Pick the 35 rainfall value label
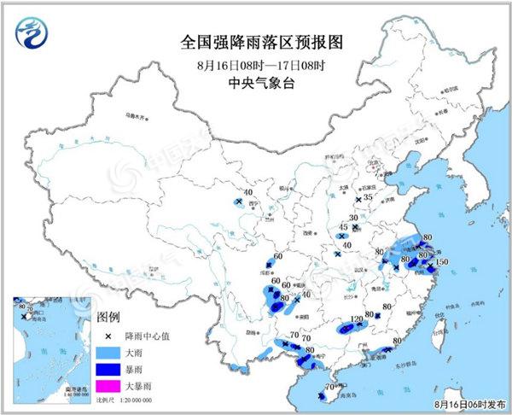point(369,198)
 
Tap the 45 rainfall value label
point(343,227)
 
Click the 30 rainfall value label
point(353,218)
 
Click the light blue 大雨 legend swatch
point(108,351)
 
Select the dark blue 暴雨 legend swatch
point(108,368)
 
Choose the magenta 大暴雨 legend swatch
point(108,385)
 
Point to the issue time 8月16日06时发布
point(468,402)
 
